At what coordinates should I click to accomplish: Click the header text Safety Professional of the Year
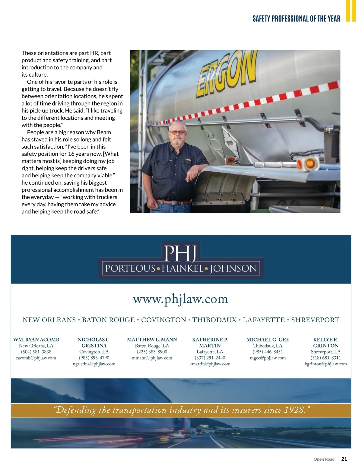pos(296,19)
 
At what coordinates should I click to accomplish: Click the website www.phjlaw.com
pos(180,299)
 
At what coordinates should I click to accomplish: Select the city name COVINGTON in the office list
pos(164,320)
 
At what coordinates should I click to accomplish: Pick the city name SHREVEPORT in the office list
pos(315,320)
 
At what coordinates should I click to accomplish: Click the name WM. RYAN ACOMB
pos(36,340)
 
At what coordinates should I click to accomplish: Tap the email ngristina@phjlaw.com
pos(94,364)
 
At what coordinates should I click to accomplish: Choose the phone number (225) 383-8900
pos(152,352)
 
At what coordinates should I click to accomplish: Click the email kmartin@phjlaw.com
pos(210,364)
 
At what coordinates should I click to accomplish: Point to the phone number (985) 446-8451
pos(268,352)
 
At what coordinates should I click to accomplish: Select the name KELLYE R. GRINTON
pos(326,343)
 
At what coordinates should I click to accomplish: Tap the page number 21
pos(344,459)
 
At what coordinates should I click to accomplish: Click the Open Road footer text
pos(324,459)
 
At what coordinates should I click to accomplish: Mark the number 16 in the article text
pos(71,154)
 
